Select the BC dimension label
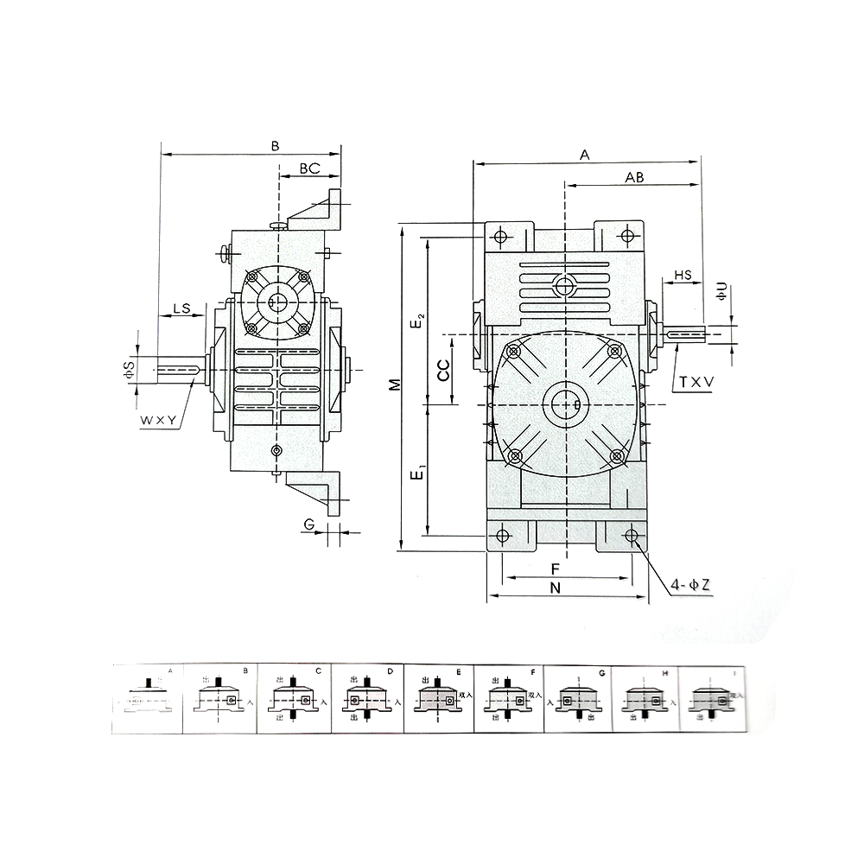[x=310, y=168]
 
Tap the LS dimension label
[x=182, y=308]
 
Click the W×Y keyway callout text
[x=160, y=421]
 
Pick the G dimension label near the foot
[x=308, y=524]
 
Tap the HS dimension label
[x=683, y=275]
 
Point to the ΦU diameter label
[x=722, y=292]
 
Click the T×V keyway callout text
[x=696, y=380]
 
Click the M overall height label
[x=394, y=384]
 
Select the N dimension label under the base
[x=556, y=588]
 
